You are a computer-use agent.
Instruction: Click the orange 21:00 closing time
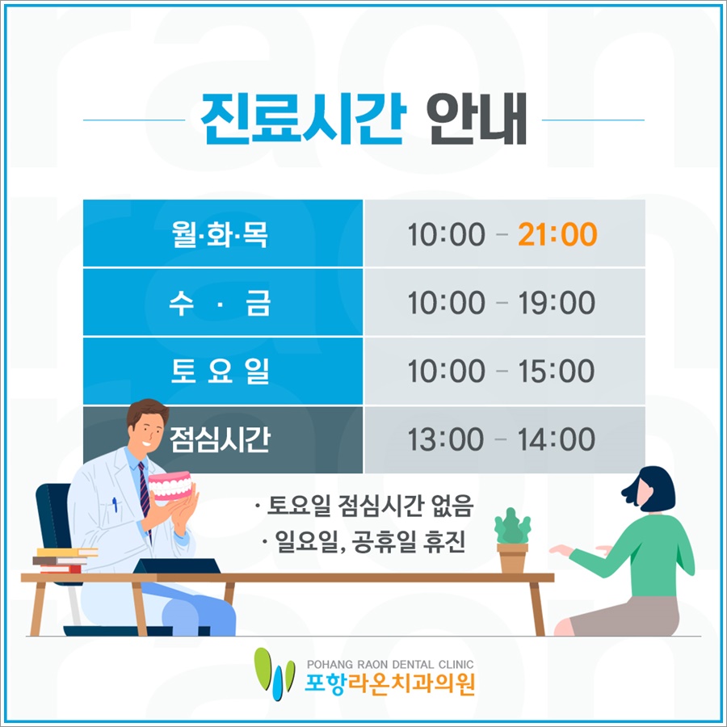(x=557, y=234)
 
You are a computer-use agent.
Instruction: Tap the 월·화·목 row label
(x=220, y=234)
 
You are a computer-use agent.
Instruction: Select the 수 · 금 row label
(x=220, y=303)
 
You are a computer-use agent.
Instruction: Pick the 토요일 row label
(x=220, y=371)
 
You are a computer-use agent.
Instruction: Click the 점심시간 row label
(x=220, y=439)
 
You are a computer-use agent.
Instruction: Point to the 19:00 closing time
(x=557, y=303)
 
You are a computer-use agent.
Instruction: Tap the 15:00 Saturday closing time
(x=557, y=371)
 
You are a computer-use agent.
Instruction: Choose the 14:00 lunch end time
(x=557, y=439)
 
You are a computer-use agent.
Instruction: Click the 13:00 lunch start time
(x=446, y=439)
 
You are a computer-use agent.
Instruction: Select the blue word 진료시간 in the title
(x=303, y=119)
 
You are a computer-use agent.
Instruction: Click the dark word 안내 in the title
(x=477, y=119)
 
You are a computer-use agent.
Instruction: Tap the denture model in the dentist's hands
(x=170, y=485)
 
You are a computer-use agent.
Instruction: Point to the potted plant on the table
(x=512, y=540)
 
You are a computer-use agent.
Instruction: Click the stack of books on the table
(x=65, y=561)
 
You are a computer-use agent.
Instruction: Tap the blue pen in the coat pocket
(x=115, y=504)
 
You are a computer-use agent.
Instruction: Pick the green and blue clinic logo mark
(x=274, y=673)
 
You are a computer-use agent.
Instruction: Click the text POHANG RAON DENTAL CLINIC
(x=390, y=665)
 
